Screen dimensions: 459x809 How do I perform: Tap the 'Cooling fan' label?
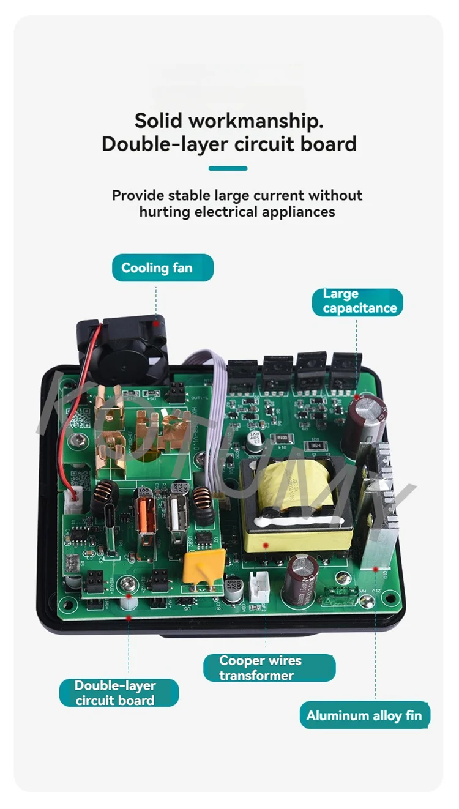[162, 268]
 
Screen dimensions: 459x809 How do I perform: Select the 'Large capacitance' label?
[360, 302]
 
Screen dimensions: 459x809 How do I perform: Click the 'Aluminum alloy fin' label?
[364, 715]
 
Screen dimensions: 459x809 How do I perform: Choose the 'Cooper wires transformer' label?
[269, 668]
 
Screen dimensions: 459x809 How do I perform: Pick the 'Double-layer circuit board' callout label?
[119, 693]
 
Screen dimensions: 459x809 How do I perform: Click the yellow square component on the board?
[204, 565]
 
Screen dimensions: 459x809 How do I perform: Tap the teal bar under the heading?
[228, 168]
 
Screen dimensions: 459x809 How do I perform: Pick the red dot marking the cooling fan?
[156, 322]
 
